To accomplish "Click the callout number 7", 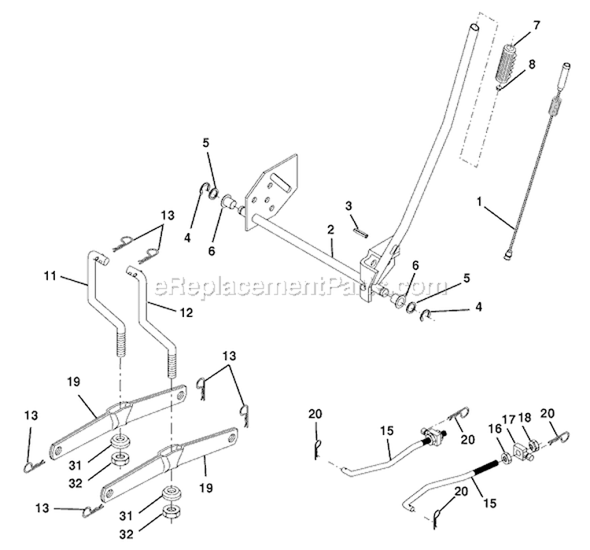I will click(x=536, y=26).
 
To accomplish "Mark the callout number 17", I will click(x=508, y=420).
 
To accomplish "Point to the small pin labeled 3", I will click(x=361, y=231).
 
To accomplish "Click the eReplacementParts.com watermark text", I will click(x=290, y=285).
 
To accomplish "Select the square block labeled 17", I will click(x=520, y=452).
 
